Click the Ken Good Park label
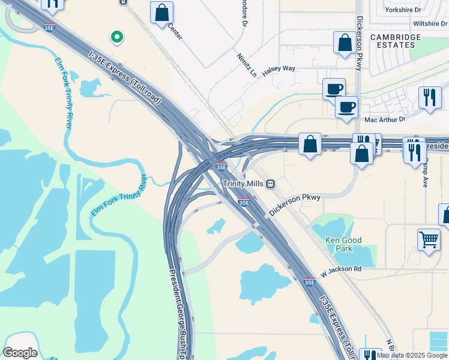click(343, 244)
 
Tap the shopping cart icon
click(429, 239)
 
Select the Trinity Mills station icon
click(271, 183)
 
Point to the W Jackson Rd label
click(340, 269)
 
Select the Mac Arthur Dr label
click(385, 119)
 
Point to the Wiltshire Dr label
click(430, 24)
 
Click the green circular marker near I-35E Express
click(117, 37)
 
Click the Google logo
click(20, 352)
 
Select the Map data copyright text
click(412, 355)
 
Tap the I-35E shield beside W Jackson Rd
click(309, 281)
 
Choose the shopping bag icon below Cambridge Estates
click(345, 43)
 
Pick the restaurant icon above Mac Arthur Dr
click(429, 98)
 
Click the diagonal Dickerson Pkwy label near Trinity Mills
click(295, 205)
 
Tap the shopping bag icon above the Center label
click(161, 13)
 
